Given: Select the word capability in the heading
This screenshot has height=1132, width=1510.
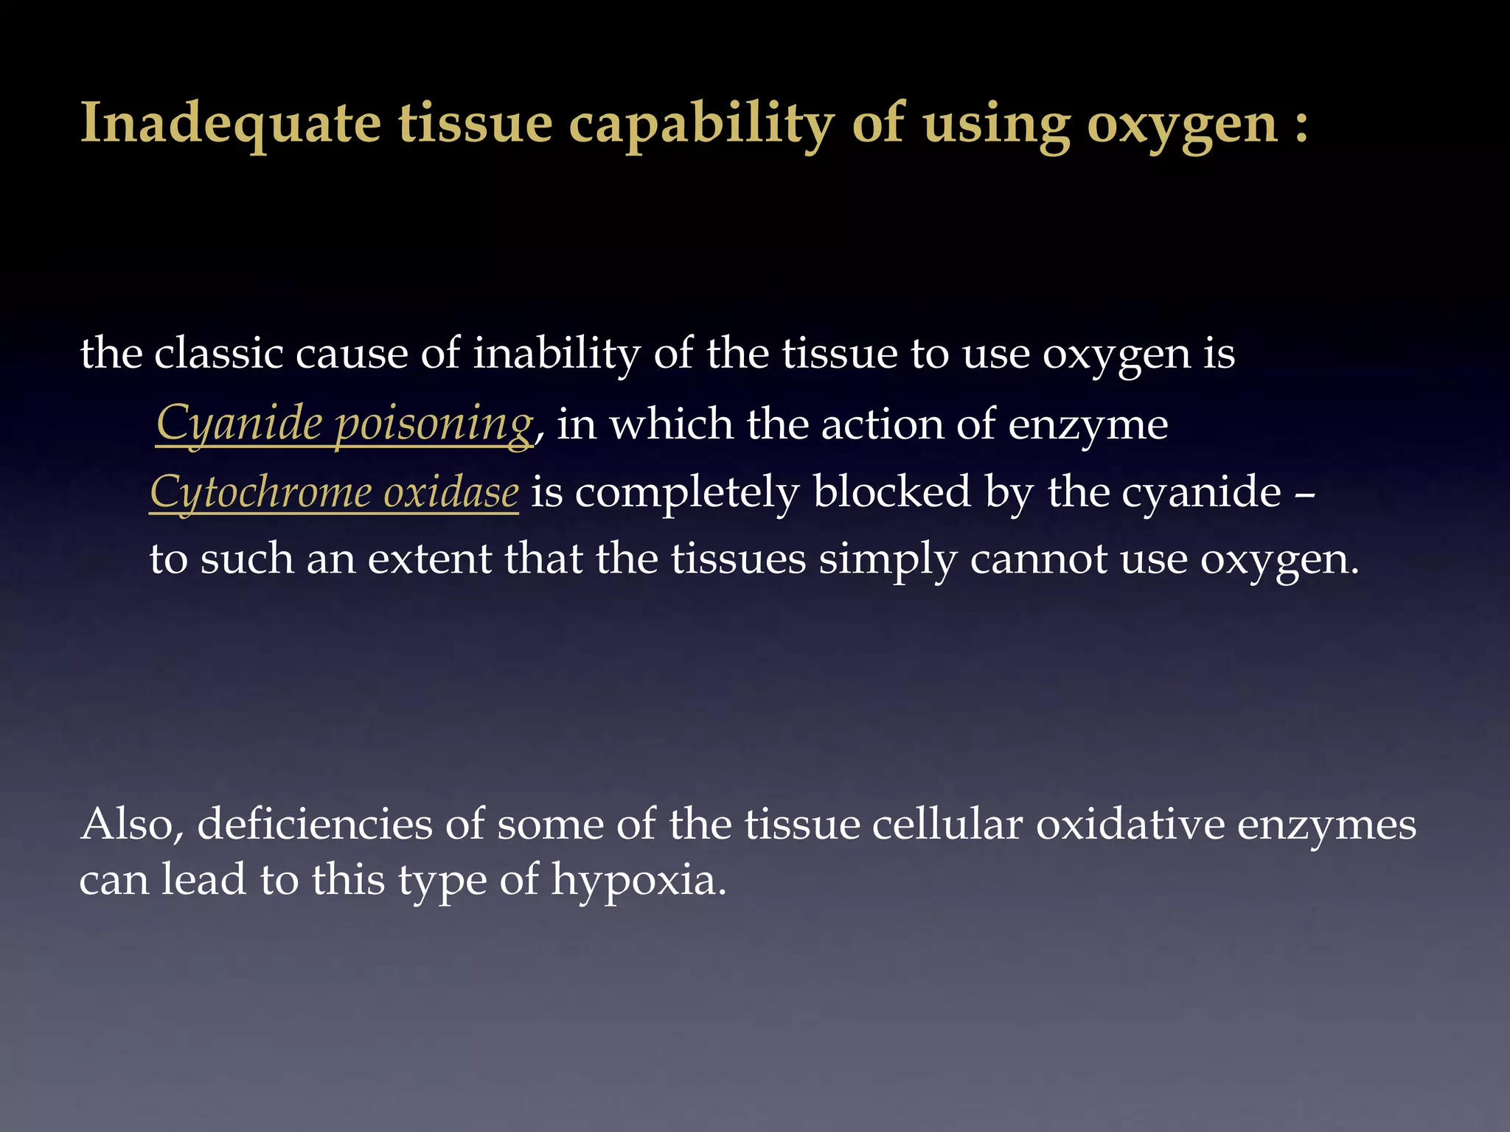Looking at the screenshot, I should (x=700, y=125).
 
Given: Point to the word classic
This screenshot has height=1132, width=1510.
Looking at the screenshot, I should (x=218, y=353).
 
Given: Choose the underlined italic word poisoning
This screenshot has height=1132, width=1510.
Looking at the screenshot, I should (x=434, y=424).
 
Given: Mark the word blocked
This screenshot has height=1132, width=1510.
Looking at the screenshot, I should (x=892, y=492).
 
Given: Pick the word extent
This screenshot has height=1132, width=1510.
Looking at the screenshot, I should (x=429, y=559).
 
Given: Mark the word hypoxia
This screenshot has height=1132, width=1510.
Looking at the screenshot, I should (x=639, y=881).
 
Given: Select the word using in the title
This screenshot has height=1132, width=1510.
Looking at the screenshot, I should (x=996, y=125).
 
